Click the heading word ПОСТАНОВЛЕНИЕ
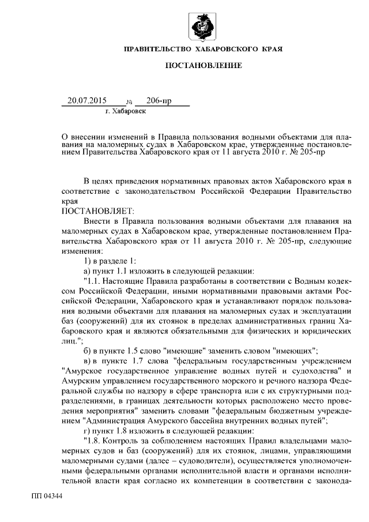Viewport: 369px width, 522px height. (x=204, y=66)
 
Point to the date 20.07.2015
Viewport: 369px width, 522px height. (x=87, y=100)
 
